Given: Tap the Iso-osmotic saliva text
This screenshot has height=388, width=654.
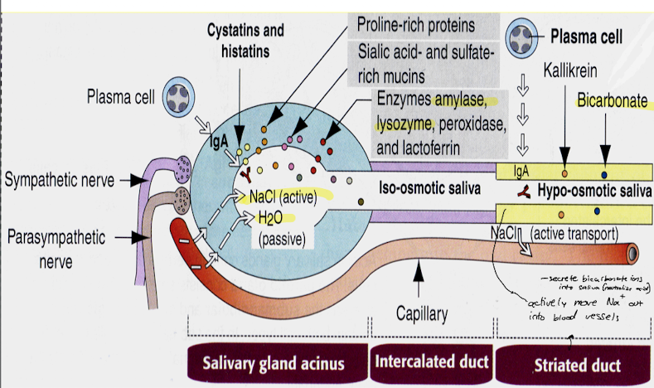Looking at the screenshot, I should [433, 189].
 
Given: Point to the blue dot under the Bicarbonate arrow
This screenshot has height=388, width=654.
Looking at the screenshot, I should [603, 173].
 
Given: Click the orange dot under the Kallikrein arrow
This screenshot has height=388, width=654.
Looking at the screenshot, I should [564, 173].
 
